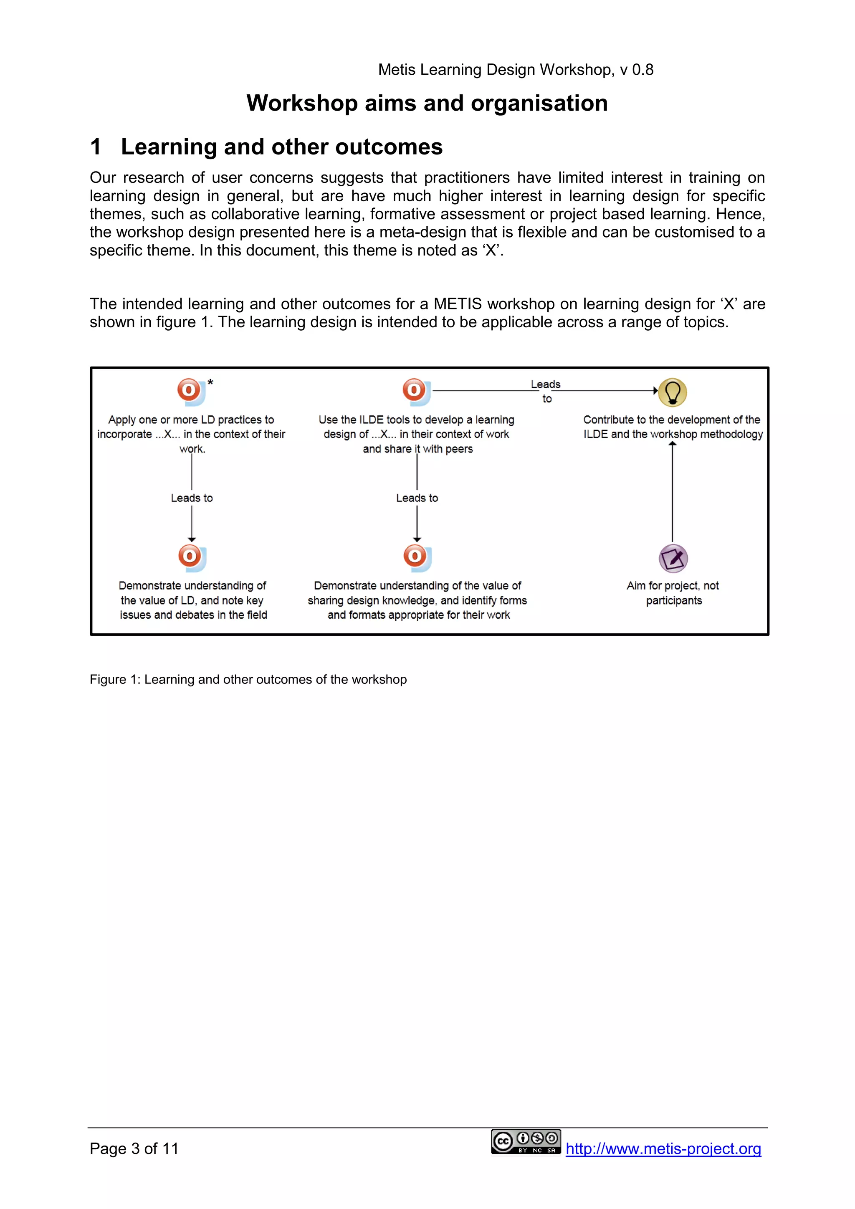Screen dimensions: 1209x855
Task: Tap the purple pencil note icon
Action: tap(673, 558)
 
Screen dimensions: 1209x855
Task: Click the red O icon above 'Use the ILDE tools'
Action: tap(416, 392)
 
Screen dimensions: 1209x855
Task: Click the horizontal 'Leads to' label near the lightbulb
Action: tap(546, 391)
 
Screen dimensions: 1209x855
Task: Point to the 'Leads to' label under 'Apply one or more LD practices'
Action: tap(192, 498)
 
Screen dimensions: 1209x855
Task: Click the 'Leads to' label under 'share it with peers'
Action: tap(417, 498)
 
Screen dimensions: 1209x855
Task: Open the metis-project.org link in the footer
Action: tap(663, 1148)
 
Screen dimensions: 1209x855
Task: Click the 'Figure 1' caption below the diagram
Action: tap(248, 679)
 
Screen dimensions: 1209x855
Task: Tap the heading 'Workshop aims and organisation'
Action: tap(427, 103)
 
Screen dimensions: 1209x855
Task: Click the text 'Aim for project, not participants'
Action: tap(673, 593)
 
